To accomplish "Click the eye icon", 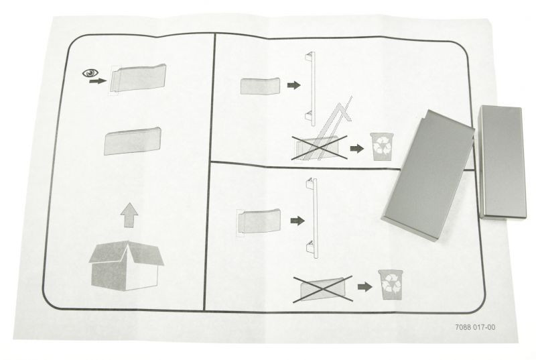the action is (90, 73).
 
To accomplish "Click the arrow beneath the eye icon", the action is (98, 81).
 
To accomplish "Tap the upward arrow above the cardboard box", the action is (129, 215).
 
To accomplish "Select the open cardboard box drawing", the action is (126, 265).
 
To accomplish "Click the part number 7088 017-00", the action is (475, 327).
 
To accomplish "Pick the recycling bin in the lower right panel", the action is (390, 284).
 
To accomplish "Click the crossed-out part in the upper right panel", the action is (320, 147).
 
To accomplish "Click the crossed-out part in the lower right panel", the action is (323, 289).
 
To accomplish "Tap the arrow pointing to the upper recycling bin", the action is (357, 148).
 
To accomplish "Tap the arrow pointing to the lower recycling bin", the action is (364, 286).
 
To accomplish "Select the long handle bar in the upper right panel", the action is (312, 89).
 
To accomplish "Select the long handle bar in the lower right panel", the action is (313, 218).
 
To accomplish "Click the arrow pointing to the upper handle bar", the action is (293, 85).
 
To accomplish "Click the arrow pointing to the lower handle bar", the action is (297, 221).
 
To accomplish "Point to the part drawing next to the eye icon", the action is (138, 78).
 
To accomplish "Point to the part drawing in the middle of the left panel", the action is (132, 141).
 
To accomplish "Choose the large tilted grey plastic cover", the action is (427, 175).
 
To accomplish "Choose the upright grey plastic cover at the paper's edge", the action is (502, 162).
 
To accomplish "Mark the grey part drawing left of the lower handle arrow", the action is (259, 221).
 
